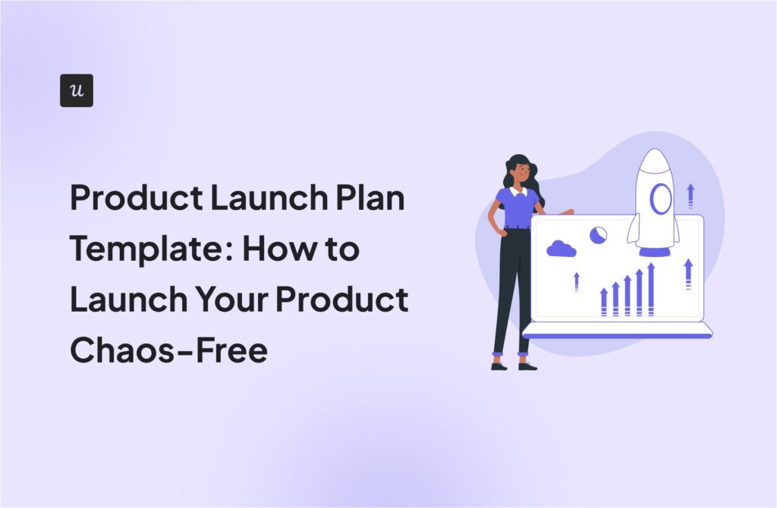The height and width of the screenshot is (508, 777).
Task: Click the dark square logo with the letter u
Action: (77, 90)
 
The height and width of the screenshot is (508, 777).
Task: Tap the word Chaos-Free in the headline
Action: (168, 350)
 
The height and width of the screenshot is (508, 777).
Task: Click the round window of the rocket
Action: (660, 199)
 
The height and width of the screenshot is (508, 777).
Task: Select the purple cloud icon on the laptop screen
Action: (561, 248)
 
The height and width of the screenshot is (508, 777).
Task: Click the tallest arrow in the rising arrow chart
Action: (650, 288)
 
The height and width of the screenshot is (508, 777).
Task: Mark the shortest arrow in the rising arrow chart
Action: (604, 302)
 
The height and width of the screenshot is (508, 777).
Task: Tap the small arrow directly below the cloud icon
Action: (577, 281)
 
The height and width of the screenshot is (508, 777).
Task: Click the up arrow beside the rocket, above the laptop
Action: (690, 195)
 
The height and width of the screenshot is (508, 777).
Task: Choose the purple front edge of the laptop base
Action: (617, 334)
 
